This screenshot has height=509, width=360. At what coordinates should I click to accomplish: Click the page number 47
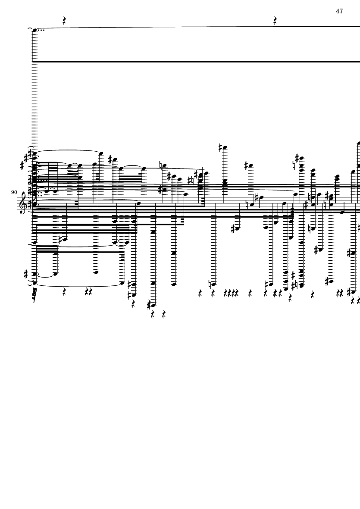pos(339,11)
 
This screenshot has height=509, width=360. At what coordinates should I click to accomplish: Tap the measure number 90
pos(14,193)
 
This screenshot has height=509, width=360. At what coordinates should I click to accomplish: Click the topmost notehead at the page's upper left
pos(35,30)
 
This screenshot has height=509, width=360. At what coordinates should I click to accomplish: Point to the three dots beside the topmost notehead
pos(41,30)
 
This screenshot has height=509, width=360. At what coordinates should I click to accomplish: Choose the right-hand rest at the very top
pos(275,21)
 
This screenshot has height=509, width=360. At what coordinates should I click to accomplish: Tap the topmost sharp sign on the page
pos(221,148)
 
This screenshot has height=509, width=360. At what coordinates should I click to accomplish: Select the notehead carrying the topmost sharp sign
pos(225,148)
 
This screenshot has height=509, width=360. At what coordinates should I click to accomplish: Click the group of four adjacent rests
pos(231,294)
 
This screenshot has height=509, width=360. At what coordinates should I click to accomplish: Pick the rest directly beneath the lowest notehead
pos(153,314)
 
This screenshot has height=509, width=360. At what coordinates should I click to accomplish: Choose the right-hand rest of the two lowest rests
pos(163,314)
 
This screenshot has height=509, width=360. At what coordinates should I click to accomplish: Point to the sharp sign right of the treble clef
pos(30,204)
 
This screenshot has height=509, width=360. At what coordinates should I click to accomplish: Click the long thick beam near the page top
pos(196,61)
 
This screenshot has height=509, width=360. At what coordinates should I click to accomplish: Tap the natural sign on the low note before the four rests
pos(210,284)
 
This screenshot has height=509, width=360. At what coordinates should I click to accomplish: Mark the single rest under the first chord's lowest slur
pos(64,293)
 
